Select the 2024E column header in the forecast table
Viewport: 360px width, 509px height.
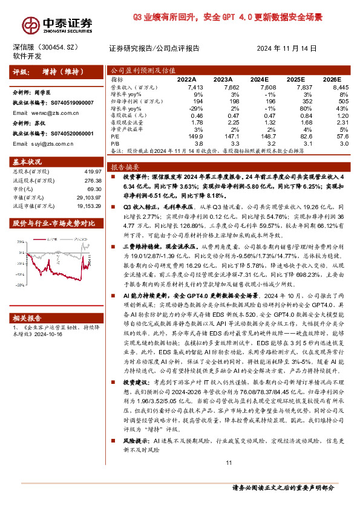click(259, 79)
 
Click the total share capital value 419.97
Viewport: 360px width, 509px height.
click(91, 172)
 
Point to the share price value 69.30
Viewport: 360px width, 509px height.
click(94, 189)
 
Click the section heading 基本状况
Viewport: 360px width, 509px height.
click(28, 161)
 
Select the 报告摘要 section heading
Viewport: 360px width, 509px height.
click(125, 166)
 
